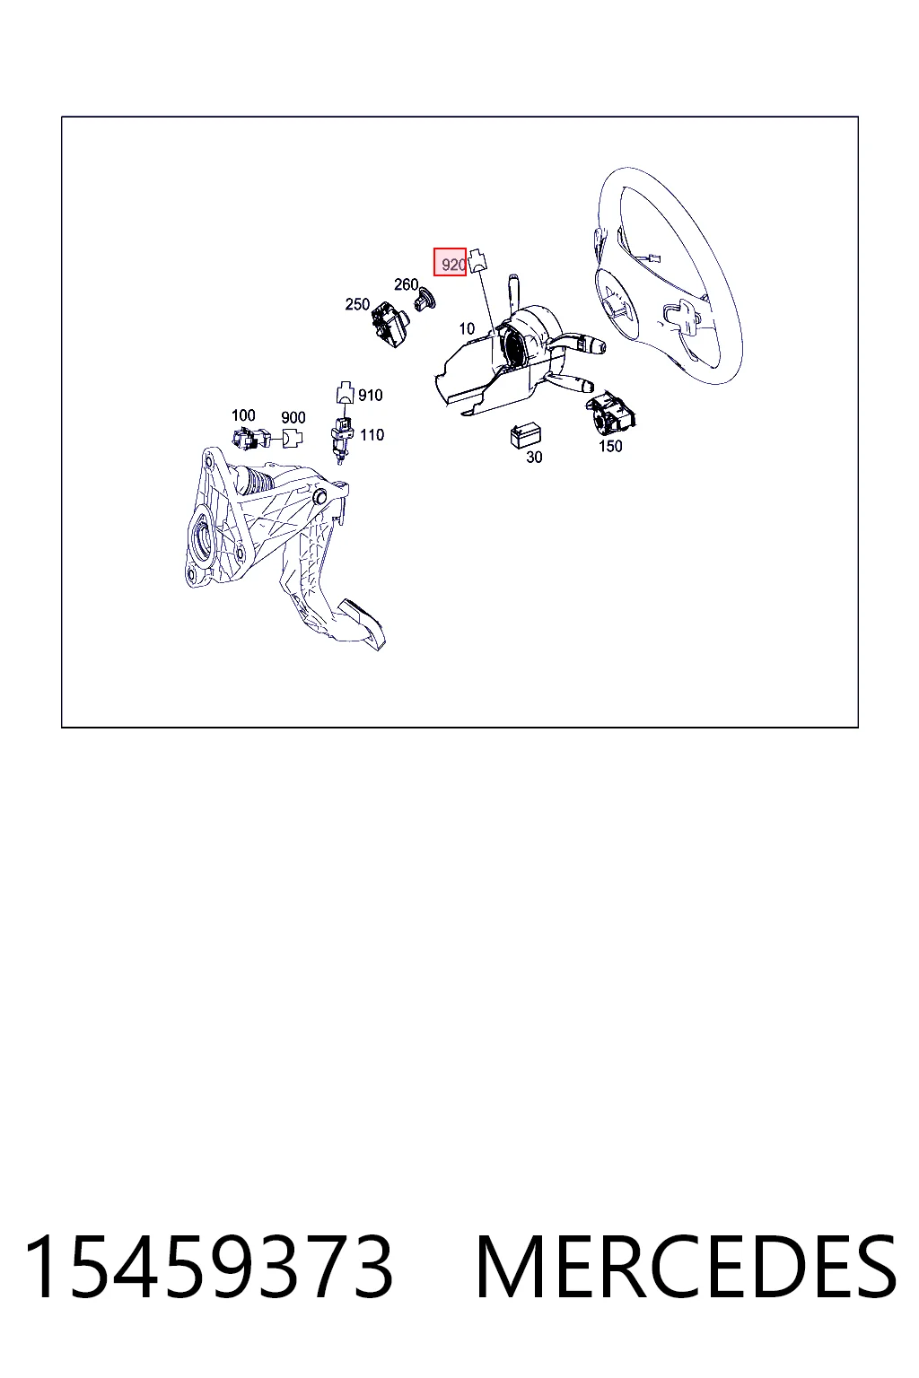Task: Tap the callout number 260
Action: pos(406,284)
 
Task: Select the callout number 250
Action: pos(357,304)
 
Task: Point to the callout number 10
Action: pos(467,328)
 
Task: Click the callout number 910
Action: pos(370,395)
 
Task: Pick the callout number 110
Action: pos(372,435)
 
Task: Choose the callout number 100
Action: pos(243,415)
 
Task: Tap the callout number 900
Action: pos(293,418)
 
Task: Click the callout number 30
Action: pos(534,457)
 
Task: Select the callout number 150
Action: pos(610,446)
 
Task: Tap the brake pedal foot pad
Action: pos(363,623)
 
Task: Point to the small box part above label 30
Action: pos(525,435)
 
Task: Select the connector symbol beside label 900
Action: pos(293,439)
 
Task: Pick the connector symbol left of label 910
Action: pos(346,392)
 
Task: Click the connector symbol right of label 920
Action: pos(477,261)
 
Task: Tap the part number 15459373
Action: pos(208,1268)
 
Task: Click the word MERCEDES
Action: pos(686,1268)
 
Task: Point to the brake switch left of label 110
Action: pos(341,438)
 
